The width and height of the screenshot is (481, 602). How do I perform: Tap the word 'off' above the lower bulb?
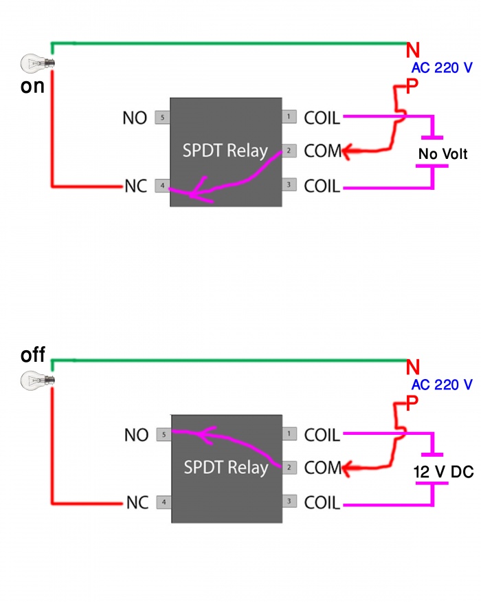32,356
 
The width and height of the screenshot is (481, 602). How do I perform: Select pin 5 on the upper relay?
162,118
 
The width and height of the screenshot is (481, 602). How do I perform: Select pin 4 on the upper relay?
162,186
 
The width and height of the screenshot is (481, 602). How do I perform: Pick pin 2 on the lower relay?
290,468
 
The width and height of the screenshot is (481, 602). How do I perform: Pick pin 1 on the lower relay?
290,434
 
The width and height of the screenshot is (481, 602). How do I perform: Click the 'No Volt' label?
443,155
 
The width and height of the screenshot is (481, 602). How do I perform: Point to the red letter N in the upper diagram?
412,50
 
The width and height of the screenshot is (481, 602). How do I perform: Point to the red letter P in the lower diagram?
411,403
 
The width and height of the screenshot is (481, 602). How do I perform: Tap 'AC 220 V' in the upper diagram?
442,68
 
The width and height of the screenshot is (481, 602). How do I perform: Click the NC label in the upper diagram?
136,186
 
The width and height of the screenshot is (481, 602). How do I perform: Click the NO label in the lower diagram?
136,435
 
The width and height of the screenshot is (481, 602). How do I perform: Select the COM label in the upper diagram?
322,151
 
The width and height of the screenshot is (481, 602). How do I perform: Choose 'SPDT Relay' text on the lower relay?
225,468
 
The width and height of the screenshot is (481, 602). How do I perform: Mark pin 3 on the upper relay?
290,185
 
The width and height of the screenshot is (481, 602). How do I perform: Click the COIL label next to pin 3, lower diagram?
322,504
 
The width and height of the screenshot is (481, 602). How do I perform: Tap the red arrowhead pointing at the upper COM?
349,152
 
